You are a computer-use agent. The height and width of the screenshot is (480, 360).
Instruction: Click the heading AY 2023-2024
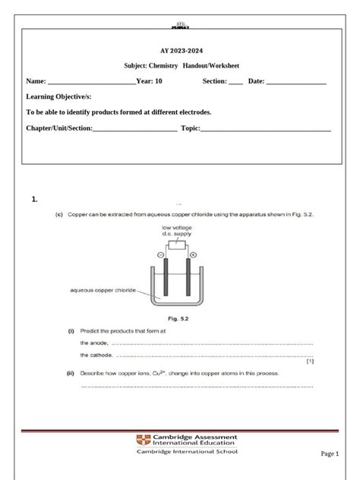[x=179, y=50]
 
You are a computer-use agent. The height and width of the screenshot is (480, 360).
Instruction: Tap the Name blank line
[x=91, y=82]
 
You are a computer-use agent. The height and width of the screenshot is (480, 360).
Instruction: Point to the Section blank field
[x=235, y=82]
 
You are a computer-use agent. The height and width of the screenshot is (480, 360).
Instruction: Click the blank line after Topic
[x=266, y=128]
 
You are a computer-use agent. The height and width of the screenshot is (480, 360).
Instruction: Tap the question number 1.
[x=35, y=200]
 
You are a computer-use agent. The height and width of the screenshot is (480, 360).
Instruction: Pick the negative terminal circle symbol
[x=160, y=255]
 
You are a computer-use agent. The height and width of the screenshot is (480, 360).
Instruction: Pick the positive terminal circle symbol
[x=193, y=255]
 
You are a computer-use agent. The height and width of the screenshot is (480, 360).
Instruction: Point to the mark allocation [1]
[x=310, y=362]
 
